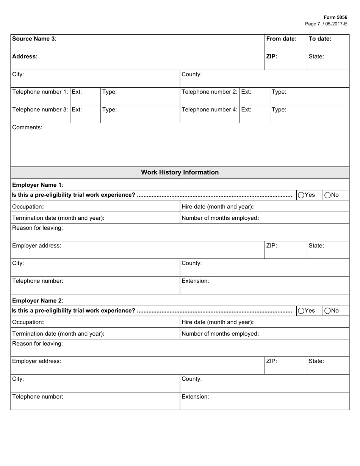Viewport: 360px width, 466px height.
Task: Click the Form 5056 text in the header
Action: click(335, 17)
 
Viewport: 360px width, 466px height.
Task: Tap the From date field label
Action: click(281, 39)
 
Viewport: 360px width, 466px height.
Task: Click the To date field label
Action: click(320, 39)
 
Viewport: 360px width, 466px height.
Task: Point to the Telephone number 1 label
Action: click(40, 92)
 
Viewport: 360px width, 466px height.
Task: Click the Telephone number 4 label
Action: click(210, 109)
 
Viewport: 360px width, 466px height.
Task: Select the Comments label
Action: click(27, 127)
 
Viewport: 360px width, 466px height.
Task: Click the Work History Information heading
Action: click(180, 172)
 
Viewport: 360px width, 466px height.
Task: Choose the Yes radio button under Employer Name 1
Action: click(301, 195)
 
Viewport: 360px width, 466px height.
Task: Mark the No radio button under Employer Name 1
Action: click(327, 195)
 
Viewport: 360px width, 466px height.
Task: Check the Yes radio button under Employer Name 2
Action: click(301, 311)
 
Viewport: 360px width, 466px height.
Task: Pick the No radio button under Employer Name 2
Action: click(327, 311)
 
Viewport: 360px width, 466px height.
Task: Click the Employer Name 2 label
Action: click(38, 300)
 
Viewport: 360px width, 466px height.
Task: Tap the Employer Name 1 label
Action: click(38, 185)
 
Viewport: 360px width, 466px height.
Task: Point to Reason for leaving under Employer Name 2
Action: click(38, 344)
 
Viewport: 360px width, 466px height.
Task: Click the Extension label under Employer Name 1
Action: click(195, 281)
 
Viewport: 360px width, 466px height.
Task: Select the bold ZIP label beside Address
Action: click(272, 56)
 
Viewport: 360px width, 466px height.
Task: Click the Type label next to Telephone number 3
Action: click(110, 109)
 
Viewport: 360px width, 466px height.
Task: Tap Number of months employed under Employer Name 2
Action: click(220, 334)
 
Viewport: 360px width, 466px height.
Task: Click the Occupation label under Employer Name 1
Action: click(28, 207)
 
